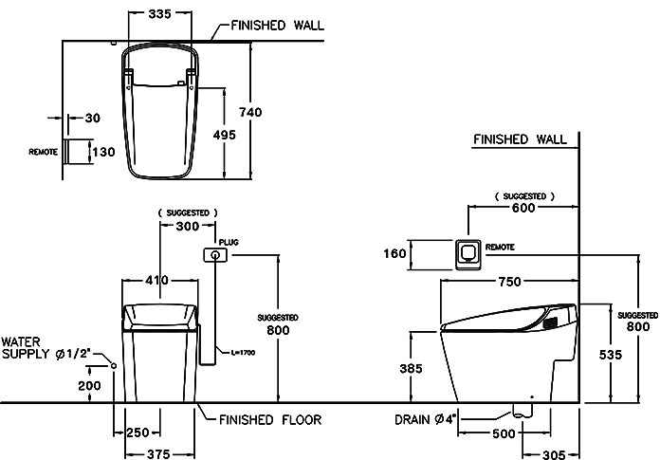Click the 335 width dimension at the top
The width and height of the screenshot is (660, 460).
[159, 14]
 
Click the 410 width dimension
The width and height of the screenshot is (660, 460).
[157, 281]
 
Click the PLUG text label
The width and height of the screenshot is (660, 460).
[227, 243]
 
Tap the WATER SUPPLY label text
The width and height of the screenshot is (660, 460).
[44, 347]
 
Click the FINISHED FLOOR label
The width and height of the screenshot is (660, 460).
[269, 418]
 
